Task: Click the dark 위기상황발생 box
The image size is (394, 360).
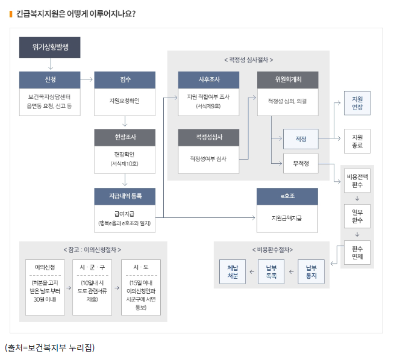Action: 49,48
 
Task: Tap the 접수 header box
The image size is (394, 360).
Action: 125,79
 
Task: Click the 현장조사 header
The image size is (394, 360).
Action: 125,138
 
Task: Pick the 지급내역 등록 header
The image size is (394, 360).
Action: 125,196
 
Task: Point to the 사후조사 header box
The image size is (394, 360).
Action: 208,79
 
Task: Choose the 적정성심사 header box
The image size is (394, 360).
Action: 208,138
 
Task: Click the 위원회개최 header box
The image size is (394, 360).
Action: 287,79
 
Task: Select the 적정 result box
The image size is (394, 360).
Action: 301,139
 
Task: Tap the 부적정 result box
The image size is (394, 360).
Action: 301,163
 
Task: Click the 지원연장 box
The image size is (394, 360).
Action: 357,103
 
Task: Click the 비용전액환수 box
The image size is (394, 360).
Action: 357,181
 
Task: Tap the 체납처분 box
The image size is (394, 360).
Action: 233,272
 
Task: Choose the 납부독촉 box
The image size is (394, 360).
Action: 271,272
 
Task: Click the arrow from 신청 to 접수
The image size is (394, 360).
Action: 86,79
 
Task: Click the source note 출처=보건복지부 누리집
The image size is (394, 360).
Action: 49,347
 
